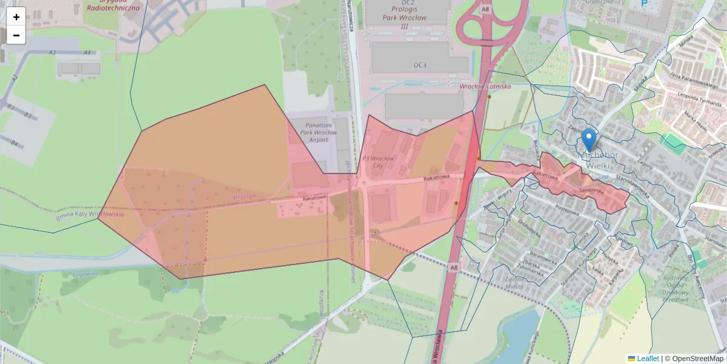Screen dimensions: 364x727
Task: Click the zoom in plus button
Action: tap(16, 16)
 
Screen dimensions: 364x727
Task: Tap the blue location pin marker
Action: tap(588, 140)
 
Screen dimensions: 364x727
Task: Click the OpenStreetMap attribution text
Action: tap(697, 359)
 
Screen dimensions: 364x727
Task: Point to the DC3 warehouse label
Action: tap(420, 64)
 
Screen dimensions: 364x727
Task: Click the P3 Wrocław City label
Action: tap(377, 162)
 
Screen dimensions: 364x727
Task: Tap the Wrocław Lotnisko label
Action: tap(485, 87)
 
